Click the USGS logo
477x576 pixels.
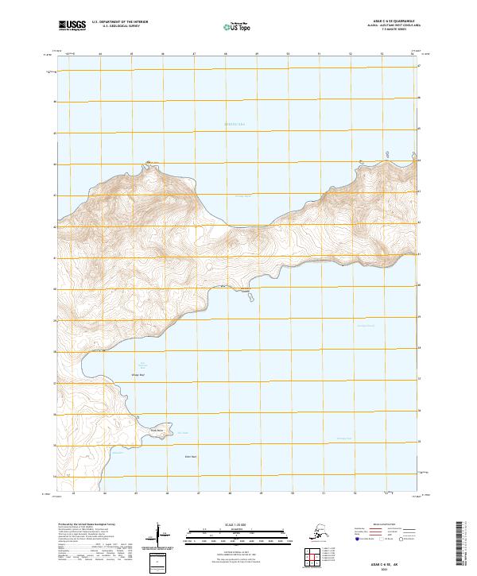click(70, 25)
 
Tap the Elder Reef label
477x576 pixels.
click(190, 455)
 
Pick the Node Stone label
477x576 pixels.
click(157, 431)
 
